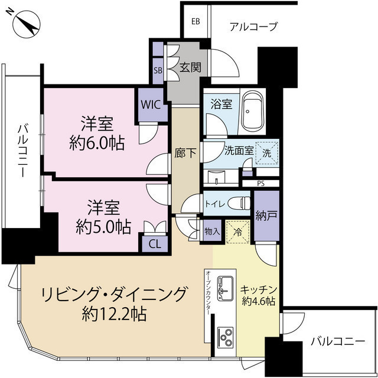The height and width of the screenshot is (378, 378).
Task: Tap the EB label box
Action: [x=195, y=22]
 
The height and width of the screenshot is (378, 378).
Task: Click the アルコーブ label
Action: [x=253, y=26]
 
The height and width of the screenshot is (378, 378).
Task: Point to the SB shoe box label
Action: [x=158, y=70]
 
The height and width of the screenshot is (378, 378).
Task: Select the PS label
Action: [x=260, y=184]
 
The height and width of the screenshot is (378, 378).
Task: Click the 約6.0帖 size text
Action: [x=97, y=143]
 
